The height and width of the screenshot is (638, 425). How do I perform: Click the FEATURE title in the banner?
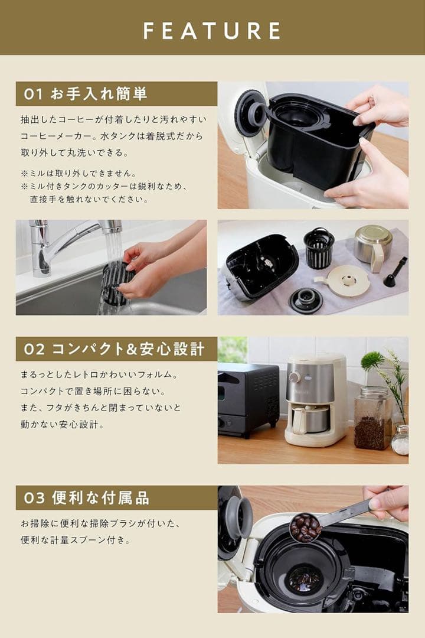(212, 30)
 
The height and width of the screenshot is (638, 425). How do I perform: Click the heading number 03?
(34, 498)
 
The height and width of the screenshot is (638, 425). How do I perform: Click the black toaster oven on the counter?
(248, 399)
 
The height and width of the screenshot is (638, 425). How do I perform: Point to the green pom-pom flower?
(372, 360)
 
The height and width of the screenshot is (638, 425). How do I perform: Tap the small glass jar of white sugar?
(400, 441)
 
